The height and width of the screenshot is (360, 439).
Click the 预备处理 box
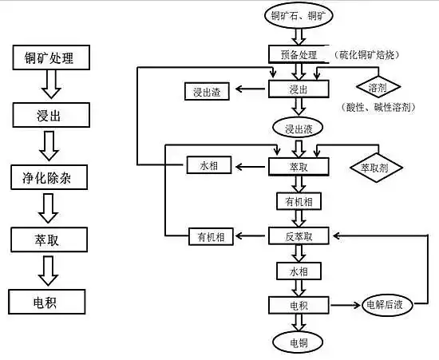(299, 54)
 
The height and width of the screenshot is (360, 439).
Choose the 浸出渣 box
(207, 92)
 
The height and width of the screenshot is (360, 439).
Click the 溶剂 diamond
(378, 85)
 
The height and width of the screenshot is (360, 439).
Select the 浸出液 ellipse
(299, 128)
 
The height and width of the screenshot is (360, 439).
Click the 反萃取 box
(299, 236)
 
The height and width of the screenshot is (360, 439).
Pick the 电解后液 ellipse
(386, 304)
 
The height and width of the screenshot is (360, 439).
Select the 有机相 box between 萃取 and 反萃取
(299, 201)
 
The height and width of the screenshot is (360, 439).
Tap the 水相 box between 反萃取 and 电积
(299, 272)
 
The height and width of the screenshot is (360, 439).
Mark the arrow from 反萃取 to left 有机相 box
(251, 236)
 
